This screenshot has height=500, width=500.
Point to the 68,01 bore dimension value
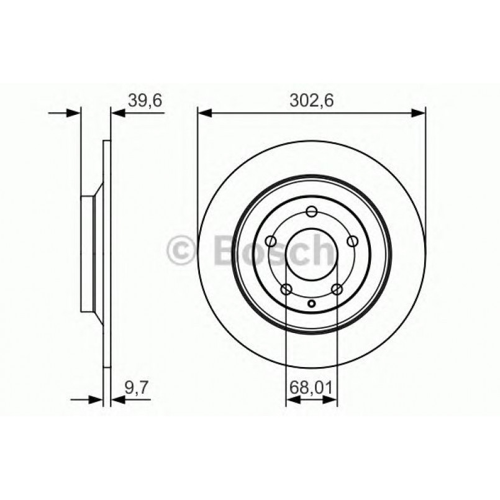point(311,389)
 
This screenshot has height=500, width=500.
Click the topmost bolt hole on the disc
point(312,211)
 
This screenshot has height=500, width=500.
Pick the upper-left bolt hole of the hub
point(270,242)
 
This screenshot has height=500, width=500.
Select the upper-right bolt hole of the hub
point(353,242)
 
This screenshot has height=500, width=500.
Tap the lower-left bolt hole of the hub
point(286,289)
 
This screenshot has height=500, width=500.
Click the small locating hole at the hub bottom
point(312,304)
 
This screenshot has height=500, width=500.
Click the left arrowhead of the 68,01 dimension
point(293,400)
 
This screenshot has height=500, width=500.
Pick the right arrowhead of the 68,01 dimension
point(330,400)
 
